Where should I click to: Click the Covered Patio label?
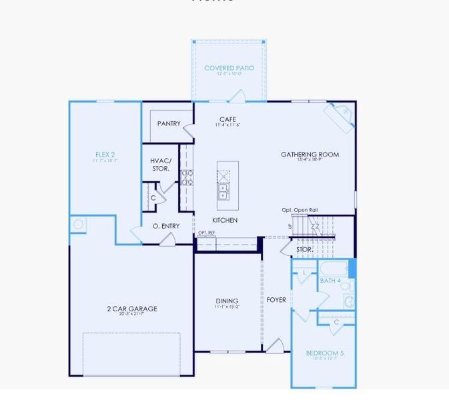pos(229,68)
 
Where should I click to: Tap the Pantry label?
pos(169,123)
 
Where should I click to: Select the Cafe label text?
pos(228,119)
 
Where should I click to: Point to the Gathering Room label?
pos(310,155)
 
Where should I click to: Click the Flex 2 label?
pos(100,155)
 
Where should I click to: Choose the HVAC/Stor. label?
pos(161,165)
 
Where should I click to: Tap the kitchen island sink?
pos(222,193)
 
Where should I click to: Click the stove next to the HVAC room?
pos(187,177)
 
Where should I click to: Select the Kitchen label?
pos(225,220)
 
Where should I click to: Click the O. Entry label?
pos(166,226)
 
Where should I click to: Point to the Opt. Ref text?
pos(206,233)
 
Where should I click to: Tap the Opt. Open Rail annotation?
pos(300,210)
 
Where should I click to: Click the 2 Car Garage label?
pos(132,309)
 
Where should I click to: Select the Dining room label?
pos(227,301)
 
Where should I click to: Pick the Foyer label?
pos(276,300)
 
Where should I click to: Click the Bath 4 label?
pos(330,281)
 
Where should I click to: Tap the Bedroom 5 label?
pos(324,353)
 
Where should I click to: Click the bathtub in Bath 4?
pos(332,269)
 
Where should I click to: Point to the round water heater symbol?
pos(79,225)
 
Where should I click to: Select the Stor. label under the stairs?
pos(304,249)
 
